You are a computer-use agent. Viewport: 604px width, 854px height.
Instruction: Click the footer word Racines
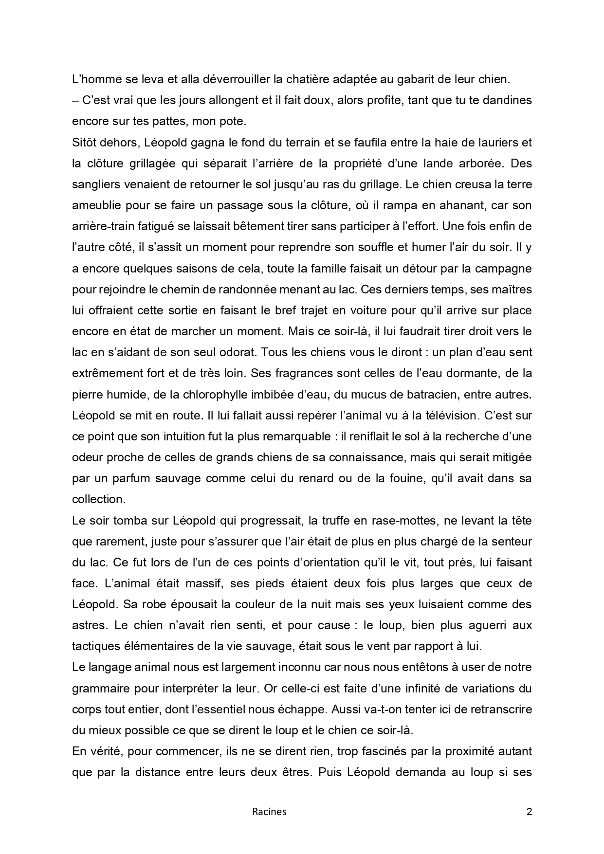(x=269, y=811)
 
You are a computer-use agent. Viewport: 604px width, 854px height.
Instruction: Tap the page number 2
(x=530, y=811)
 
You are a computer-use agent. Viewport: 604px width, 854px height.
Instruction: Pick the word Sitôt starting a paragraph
(x=85, y=142)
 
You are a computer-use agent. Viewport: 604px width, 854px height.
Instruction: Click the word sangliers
(x=95, y=184)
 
